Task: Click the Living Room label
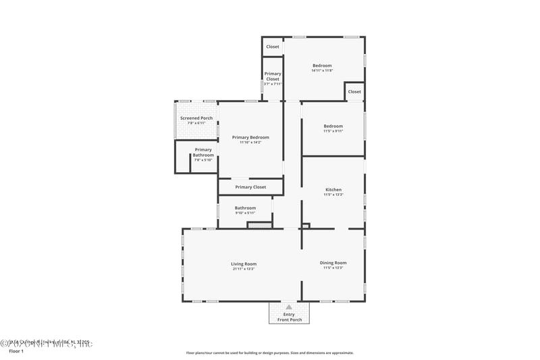[x=244, y=264]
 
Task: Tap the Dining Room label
[x=333, y=263]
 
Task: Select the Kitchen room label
[x=333, y=190]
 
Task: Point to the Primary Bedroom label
[x=250, y=137]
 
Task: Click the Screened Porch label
[x=196, y=118]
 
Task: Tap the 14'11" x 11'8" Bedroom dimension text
[x=322, y=71]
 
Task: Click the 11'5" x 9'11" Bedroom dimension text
[x=333, y=131]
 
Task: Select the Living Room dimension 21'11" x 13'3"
[x=244, y=269]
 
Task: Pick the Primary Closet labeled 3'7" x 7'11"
[x=273, y=84]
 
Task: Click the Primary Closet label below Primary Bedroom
[x=250, y=187]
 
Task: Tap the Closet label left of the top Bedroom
[x=273, y=47]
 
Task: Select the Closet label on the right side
[x=354, y=91]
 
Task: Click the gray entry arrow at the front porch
[x=289, y=307]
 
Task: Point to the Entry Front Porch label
[x=290, y=317]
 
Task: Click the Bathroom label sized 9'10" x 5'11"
[x=245, y=208]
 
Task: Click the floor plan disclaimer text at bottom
[x=269, y=353]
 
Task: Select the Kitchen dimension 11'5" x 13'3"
[x=333, y=195]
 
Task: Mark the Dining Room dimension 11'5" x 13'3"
[x=333, y=268]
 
